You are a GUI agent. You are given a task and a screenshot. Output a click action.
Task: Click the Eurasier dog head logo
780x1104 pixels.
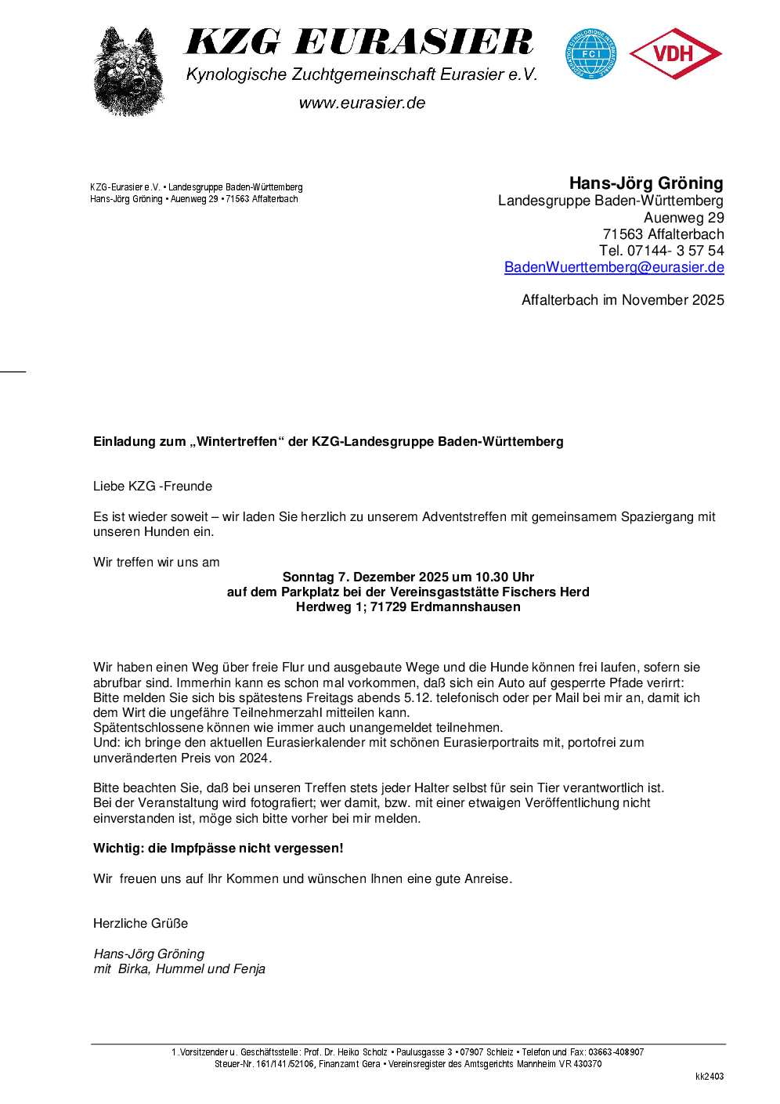(x=128, y=72)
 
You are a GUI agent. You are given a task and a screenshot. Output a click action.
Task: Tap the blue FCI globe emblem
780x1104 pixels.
(x=591, y=54)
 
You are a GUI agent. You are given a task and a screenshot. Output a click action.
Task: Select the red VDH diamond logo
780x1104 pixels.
(x=675, y=54)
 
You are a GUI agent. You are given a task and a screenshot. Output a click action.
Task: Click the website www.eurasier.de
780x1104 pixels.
(x=362, y=103)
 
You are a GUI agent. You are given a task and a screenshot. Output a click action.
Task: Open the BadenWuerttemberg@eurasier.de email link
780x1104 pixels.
(x=614, y=267)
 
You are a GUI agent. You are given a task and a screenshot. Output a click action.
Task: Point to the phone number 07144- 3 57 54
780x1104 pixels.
(x=675, y=251)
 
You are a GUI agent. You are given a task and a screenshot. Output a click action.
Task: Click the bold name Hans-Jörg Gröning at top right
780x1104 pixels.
(x=646, y=183)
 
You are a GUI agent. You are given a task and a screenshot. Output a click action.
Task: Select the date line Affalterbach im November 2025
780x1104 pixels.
(x=623, y=300)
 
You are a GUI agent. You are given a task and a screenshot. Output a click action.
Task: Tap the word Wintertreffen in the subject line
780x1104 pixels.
(x=237, y=442)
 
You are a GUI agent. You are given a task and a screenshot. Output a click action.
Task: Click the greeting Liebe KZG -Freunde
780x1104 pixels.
(x=153, y=487)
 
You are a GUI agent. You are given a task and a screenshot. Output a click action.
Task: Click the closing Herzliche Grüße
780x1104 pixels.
(x=141, y=924)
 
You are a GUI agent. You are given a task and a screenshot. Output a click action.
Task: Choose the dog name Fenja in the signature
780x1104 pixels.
(x=249, y=969)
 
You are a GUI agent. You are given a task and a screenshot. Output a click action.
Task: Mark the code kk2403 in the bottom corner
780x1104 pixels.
(x=710, y=1077)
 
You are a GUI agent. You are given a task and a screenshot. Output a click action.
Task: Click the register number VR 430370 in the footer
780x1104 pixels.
(x=580, y=1064)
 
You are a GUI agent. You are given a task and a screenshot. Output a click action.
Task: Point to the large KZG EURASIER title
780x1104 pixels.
(x=359, y=42)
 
